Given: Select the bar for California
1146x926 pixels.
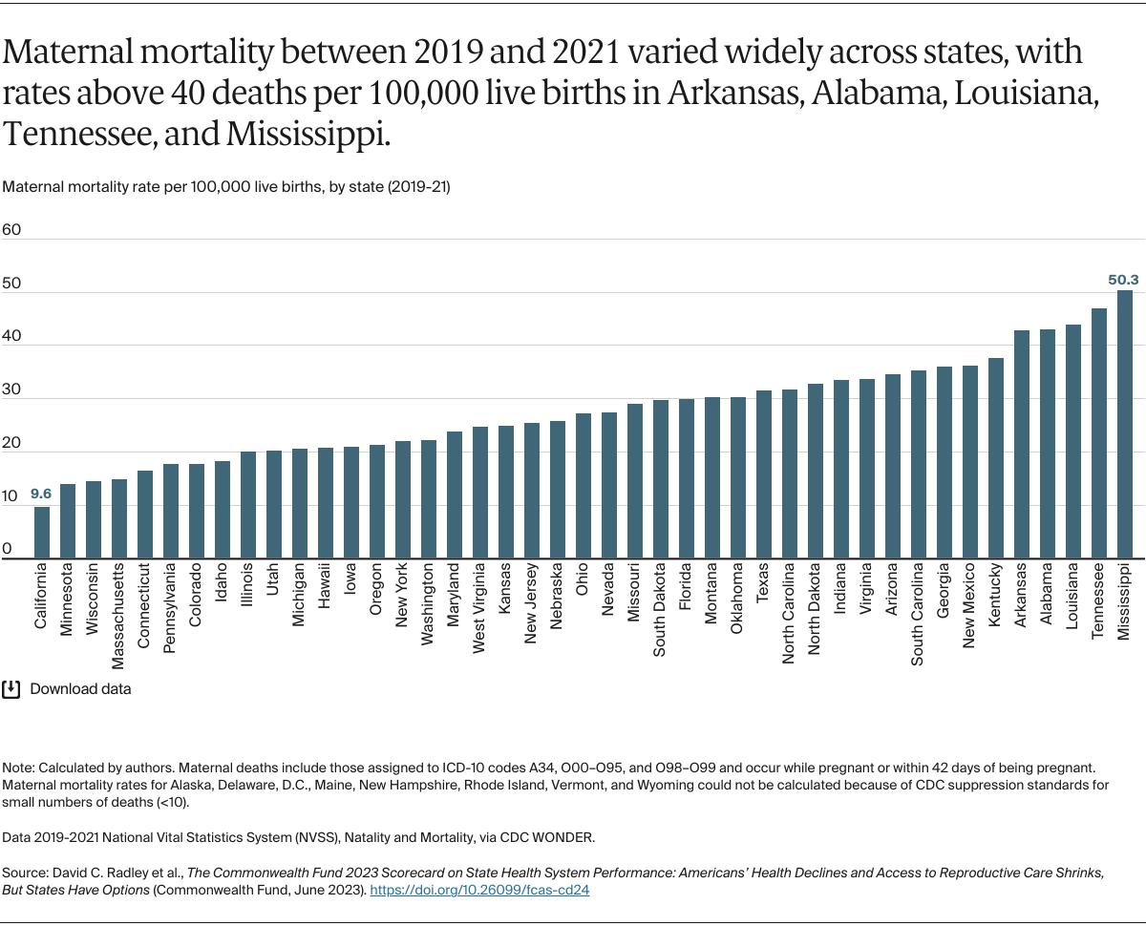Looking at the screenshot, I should (x=42, y=533).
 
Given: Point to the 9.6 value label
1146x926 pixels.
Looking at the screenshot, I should (x=41, y=495).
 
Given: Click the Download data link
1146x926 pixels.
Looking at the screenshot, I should (x=81, y=688).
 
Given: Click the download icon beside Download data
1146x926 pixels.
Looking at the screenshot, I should (x=11, y=688).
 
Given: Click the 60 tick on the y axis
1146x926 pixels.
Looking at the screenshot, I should (x=11, y=230).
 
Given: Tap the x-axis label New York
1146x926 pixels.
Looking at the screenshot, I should (x=403, y=597).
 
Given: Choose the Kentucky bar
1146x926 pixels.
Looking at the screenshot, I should (x=996, y=458).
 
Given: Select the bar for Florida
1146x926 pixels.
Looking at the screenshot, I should (x=687, y=478).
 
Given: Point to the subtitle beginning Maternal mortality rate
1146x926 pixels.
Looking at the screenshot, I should (x=226, y=187).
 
